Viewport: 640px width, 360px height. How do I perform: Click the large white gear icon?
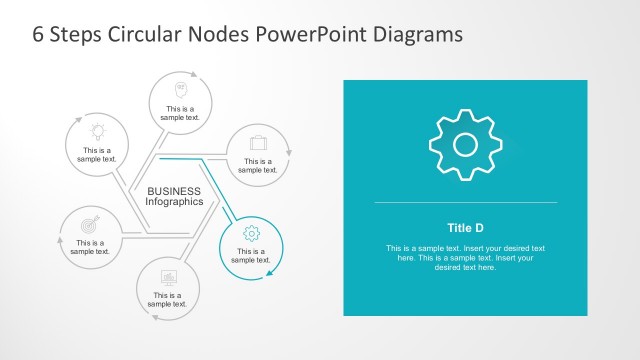(465, 144)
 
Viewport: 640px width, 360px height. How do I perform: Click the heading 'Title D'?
(465, 226)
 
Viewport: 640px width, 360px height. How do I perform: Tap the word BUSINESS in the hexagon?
(174, 191)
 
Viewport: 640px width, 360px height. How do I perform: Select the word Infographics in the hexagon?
(175, 202)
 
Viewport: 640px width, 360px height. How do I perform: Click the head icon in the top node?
(182, 88)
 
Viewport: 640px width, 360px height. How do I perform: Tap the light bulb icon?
(98, 131)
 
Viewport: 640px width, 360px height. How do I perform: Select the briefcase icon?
(258, 142)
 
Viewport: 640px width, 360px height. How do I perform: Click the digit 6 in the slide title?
(40, 35)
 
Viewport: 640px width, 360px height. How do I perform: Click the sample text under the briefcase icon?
(258, 165)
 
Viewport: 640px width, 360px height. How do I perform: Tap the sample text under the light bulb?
(98, 155)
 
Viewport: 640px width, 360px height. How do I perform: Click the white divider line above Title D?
(465, 203)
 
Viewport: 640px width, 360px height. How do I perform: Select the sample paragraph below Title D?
(465, 258)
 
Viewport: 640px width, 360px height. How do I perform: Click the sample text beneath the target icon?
(90, 247)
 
